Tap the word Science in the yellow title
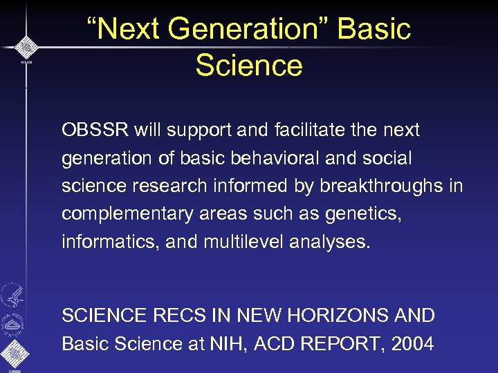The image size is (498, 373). point(249,66)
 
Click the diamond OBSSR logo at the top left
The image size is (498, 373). point(26,47)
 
